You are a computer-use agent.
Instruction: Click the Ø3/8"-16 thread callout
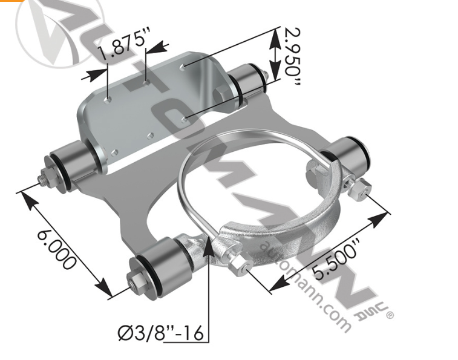click(160, 332)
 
